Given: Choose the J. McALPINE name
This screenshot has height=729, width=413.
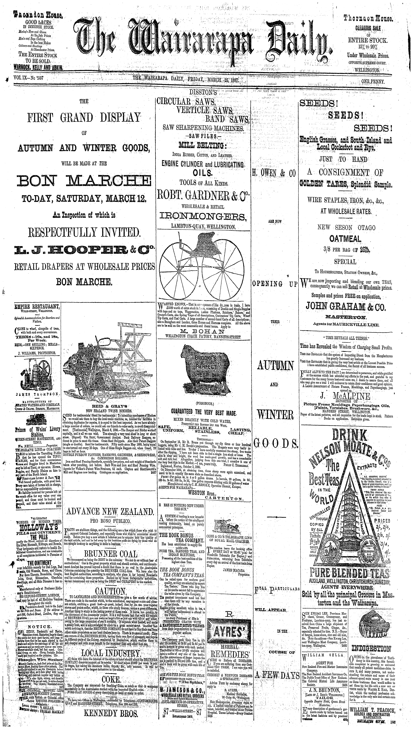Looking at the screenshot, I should pyautogui.click(x=345, y=396).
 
